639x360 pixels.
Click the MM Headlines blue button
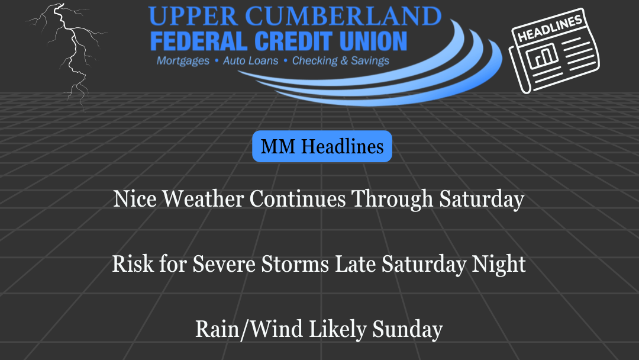click(x=322, y=146)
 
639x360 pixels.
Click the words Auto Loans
click(x=250, y=60)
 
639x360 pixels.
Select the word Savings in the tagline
click(x=369, y=60)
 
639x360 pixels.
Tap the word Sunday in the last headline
click(x=407, y=330)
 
